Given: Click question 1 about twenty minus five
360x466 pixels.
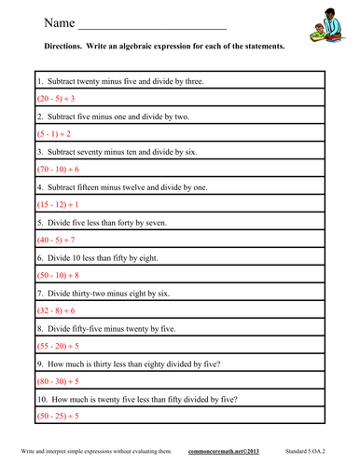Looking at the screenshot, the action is coord(121,81).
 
